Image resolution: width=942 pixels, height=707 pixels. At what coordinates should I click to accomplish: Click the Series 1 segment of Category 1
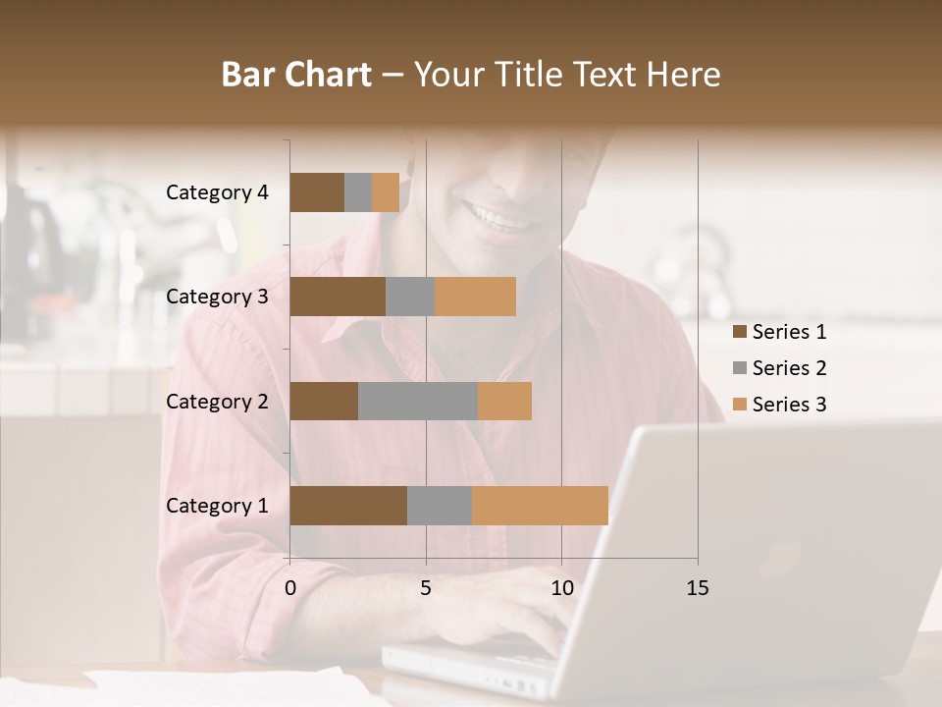(x=348, y=506)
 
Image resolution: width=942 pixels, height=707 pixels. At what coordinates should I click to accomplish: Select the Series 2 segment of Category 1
(x=440, y=506)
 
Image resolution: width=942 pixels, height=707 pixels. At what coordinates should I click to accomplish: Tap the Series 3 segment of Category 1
(x=540, y=506)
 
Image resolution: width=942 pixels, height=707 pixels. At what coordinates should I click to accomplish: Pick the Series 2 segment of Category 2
(x=418, y=401)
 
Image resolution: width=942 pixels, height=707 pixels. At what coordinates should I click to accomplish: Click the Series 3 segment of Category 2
(x=504, y=401)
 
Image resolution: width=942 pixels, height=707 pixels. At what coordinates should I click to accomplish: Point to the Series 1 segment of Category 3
(x=338, y=297)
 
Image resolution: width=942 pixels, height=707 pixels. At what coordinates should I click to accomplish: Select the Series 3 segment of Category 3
(x=475, y=297)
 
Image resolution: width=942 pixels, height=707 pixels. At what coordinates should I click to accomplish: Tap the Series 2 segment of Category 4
(x=358, y=192)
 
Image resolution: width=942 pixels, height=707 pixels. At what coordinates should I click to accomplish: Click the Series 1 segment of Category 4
(x=317, y=192)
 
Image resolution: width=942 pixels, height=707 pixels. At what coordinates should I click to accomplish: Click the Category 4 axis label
(x=217, y=192)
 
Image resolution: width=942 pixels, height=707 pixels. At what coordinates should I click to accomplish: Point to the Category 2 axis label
(x=217, y=401)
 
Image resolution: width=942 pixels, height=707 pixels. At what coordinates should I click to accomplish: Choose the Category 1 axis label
(x=217, y=506)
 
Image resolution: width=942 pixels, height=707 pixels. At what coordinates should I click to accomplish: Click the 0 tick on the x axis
(x=290, y=588)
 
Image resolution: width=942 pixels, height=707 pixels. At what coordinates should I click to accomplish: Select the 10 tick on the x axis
(x=561, y=588)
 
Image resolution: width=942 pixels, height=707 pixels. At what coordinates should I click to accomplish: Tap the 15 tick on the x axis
(x=698, y=588)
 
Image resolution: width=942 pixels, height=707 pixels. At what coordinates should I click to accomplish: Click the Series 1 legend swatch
(x=739, y=332)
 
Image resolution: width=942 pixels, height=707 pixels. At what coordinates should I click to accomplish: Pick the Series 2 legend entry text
(x=789, y=368)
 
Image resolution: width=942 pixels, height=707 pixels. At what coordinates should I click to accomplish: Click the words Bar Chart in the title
(x=296, y=75)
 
